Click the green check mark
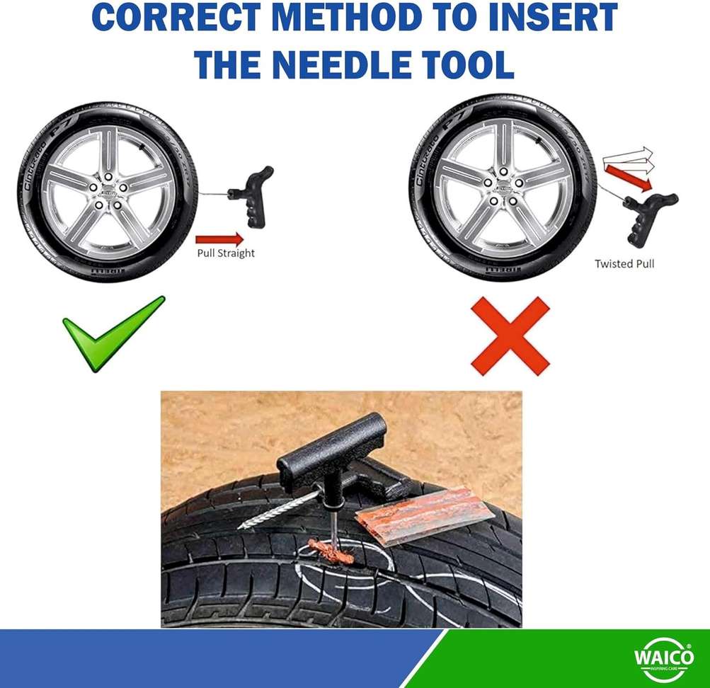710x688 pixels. pos(113,333)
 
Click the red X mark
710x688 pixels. pos(510,336)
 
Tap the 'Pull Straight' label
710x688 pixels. pos(225,253)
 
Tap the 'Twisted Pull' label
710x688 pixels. pos(624,264)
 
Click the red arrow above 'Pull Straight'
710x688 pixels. pos(219,239)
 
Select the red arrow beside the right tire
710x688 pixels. pos(629,178)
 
